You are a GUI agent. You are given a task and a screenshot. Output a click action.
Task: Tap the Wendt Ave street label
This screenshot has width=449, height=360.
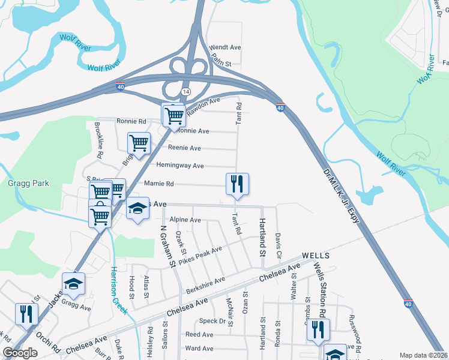(x=224, y=47)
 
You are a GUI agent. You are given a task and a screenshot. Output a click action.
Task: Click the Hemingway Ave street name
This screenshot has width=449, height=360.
(x=180, y=166)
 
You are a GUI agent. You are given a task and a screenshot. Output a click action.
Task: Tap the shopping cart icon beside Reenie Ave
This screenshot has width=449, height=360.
(x=139, y=143)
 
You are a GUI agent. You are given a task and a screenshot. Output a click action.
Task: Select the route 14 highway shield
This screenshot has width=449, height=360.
(x=186, y=91)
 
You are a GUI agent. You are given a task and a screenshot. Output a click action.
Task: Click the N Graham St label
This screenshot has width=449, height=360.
(x=166, y=246)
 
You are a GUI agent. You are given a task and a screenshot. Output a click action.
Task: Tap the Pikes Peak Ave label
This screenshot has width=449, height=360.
(x=200, y=255)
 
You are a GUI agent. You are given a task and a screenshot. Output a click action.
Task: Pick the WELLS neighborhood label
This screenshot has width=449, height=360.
(x=316, y=256)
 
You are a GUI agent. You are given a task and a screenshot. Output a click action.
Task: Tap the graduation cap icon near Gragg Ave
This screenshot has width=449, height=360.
(x=74, y=284)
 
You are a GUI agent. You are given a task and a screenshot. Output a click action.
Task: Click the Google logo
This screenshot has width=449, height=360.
(x=20, y=353)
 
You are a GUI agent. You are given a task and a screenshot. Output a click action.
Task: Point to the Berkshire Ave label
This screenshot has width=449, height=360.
(x=205, y=286)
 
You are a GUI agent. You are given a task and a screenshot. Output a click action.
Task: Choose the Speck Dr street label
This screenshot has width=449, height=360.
(x=215, y=322)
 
